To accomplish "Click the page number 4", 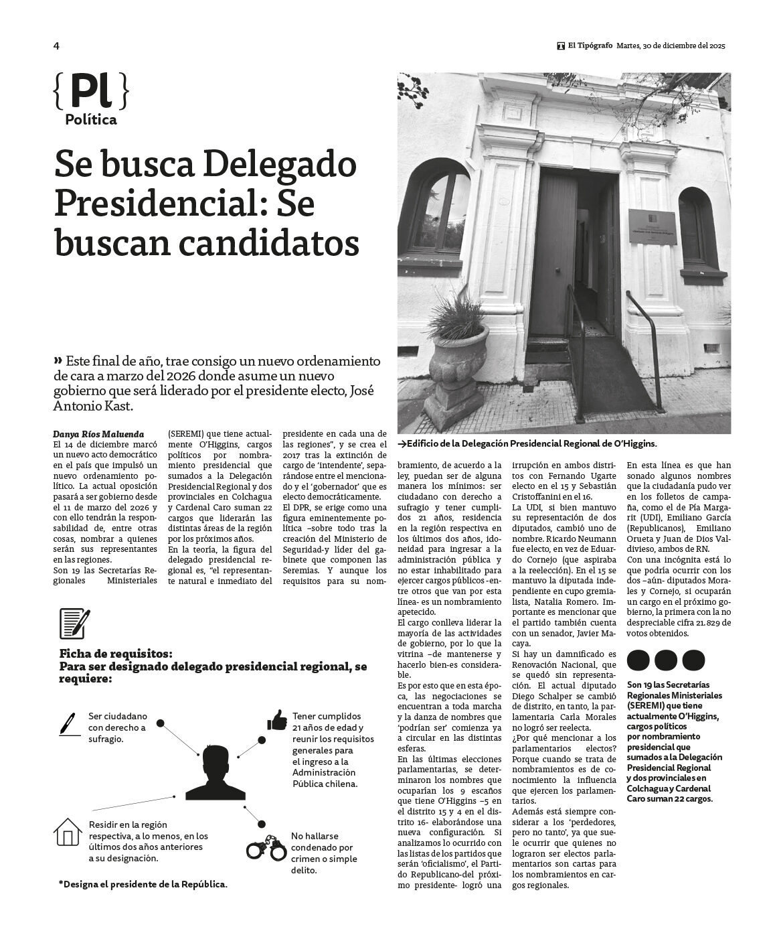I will (x=56, y=46).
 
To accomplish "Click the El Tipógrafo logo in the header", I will (x=561, y=46).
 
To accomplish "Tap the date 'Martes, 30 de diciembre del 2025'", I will (x=670, y=46).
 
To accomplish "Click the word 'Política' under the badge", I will (x=91, y=120).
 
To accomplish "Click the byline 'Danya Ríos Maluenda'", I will (x=98, y=434).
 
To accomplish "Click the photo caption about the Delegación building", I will (x=527, y=443).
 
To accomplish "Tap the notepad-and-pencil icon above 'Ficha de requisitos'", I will (x=74, y=624).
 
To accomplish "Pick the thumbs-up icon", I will (x=277, y=720).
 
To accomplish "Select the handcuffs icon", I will (x=266, y=847).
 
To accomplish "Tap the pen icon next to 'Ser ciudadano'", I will (x=68, y=723).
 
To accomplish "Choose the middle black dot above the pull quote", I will (x=666, y=660).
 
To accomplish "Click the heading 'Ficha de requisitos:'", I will (x=116, y=653).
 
